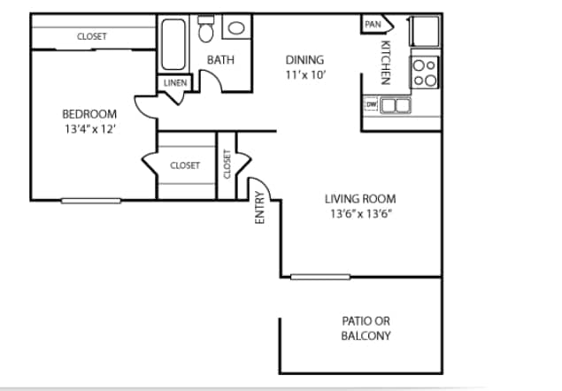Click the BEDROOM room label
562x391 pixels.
89,113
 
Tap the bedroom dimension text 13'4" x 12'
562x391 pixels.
89,128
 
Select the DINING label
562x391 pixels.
304,60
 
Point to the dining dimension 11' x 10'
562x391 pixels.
306,74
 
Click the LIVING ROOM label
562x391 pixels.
360,199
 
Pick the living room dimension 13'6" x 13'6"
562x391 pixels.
360,214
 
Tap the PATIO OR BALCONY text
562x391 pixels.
366,328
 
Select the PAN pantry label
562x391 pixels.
372,25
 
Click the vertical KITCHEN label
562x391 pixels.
385,62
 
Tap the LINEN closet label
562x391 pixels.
174,83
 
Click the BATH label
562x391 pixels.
219,60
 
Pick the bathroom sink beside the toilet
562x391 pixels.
235,27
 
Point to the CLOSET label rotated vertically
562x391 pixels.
227,165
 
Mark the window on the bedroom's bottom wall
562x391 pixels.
90,200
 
